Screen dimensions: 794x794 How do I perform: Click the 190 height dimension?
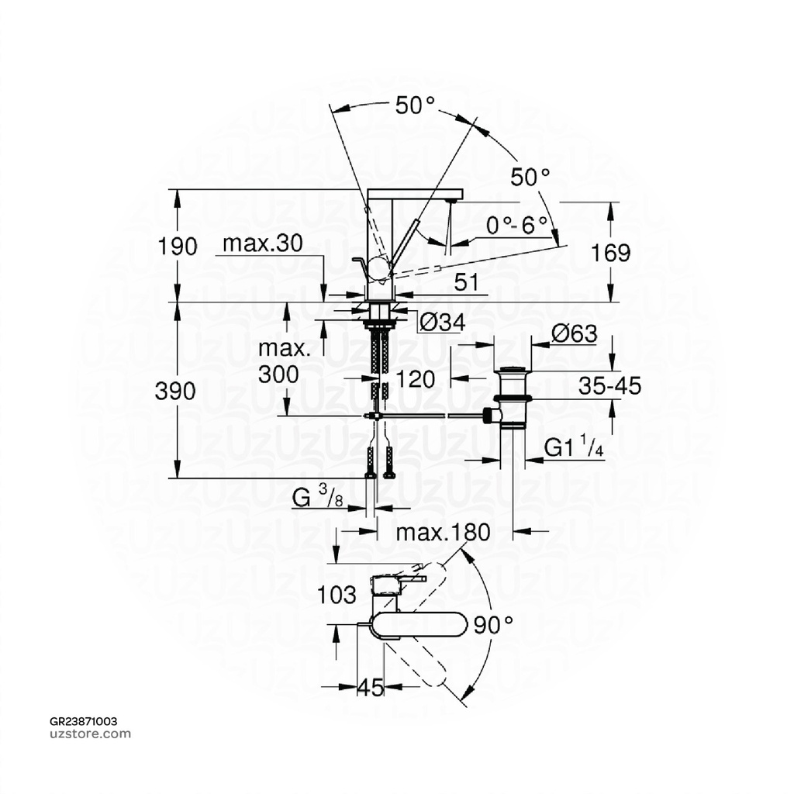pyautogui.click(x=178, y=247)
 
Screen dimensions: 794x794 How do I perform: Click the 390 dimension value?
pyautogui.click(x=175, y=392)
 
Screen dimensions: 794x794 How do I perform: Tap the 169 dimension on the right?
pyautogui.click(x=610, y=253)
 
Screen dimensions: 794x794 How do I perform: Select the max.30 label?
pyautogui.click(x=263, y=244)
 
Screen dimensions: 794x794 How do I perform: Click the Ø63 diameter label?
pyautogui.click(x=574, y=334)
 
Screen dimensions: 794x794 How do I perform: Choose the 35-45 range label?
pyautogui.click(x=609, y=385)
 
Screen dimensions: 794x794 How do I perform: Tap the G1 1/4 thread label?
pyautogui.click(x=574, y=449)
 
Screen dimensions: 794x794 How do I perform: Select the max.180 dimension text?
pyautogui.click(x=443, y=533)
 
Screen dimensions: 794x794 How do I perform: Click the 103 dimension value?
pyautogui.click(x=337, y=595)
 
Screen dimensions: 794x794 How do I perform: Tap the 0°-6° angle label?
pyautogui.click(x=517, y=225)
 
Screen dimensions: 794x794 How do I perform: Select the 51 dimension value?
pyautogui.click(x=466, y=283)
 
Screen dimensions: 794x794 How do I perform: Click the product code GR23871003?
pyautogui.click(x=84, y=721)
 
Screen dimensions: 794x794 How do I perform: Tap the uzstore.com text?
pyautogui.click(x=90, y=734)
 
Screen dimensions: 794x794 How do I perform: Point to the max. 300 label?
pyautogui.click(x=279, y=362)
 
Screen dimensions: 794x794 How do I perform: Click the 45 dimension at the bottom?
pyautogui.click(x=372, y=687)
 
